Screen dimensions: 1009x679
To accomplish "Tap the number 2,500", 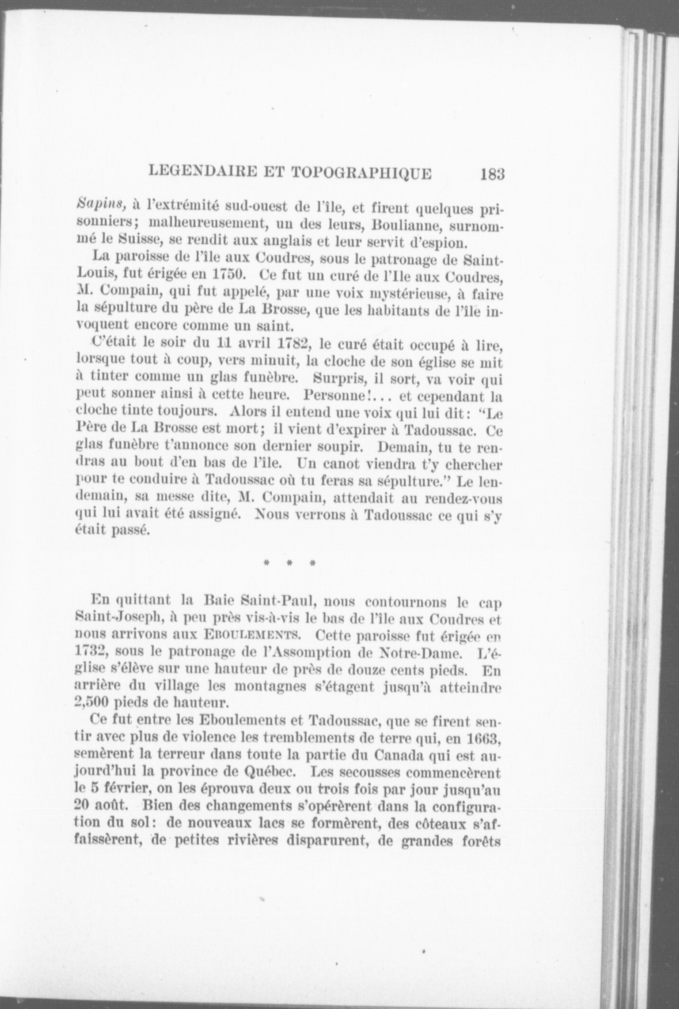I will (97, 702).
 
